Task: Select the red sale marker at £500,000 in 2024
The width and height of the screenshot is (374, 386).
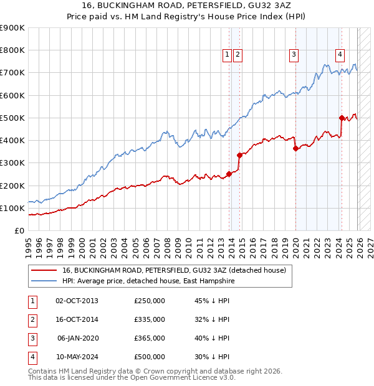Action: [x=342, y=118]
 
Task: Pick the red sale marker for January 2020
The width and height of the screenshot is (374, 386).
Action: [x=295, y=148]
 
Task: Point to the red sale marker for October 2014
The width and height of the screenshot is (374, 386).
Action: [x=239, y=155]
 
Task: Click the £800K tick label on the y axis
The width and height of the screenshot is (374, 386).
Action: [x=12, y=50]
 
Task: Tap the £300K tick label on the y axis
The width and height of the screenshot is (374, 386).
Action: [x=12, y=163]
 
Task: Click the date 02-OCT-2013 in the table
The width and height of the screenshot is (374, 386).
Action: [x=77, y=301]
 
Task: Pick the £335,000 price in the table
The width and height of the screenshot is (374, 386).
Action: [x=150, y=320]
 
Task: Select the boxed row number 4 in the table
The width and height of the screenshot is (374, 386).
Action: [x=32, y=357]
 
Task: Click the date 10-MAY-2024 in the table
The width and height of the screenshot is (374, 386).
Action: [x=77, y=357]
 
